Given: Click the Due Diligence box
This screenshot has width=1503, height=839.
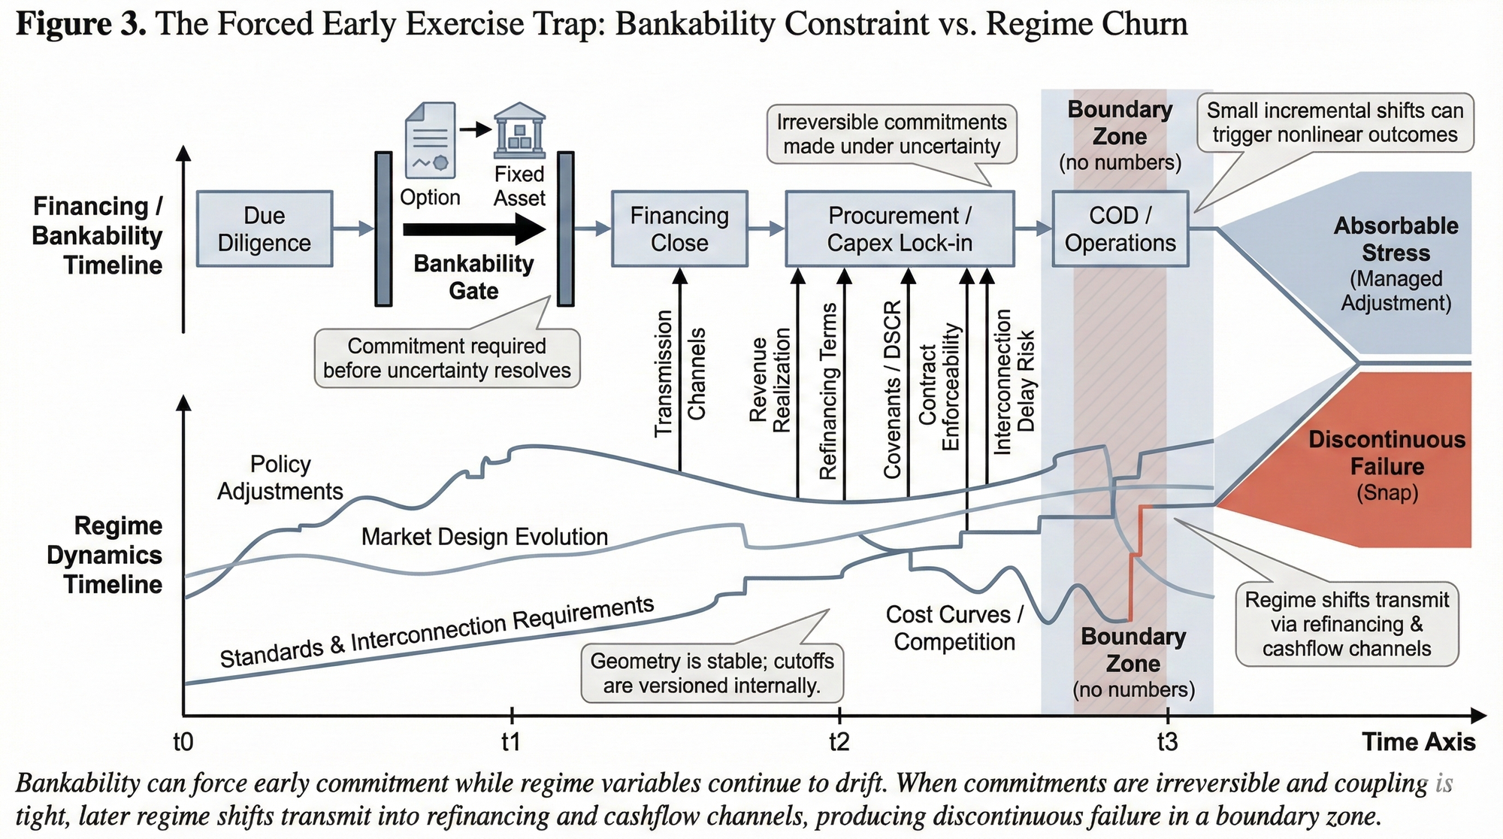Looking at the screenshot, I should (x=265, y=229).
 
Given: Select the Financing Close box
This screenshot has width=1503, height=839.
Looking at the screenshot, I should (x=679, y=229).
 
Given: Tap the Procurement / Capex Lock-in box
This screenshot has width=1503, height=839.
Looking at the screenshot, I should (x=900, y=229).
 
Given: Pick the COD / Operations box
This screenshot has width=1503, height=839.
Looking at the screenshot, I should (x=1120, y=229).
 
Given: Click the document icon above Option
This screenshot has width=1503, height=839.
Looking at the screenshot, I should (x=430, y=140).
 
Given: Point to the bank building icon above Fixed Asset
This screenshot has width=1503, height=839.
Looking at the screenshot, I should (x=519, y=131).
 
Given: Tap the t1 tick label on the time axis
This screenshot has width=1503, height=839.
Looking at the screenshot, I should (x=511, y=742).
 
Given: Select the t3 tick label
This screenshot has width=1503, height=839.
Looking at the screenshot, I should (x=1167, y=742).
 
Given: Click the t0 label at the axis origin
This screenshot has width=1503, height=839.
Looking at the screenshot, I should (x=183, y=742).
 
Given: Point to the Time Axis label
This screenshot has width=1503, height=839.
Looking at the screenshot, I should (x=1419, y=742).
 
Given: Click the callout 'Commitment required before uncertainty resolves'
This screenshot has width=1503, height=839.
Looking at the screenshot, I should (x=447, y=358).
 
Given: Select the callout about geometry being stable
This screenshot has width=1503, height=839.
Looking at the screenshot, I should (x=712, y=673).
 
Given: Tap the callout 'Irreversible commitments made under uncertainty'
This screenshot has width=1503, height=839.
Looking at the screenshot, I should (x=891, y=135).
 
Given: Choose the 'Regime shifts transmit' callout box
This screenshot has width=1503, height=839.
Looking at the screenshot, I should (x=1347, y=624).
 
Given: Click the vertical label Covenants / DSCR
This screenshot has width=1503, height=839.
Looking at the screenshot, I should (x=892, y=389).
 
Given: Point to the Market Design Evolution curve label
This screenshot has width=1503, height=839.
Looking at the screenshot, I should (x=485, y=537).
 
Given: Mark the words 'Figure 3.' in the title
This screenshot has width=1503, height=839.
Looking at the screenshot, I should (x=80, y=24).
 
